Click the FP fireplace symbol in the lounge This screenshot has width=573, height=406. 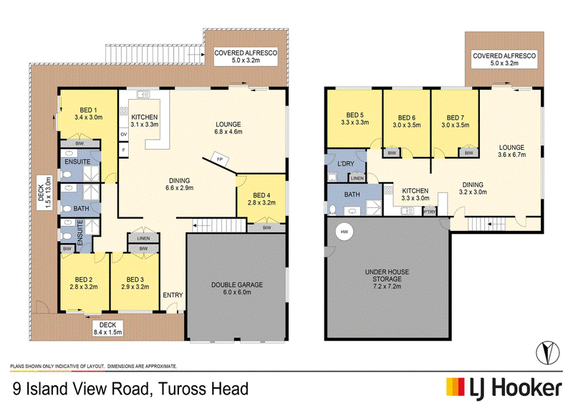click(x=220, y=159)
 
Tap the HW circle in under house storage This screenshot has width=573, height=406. click(x=345, y=232)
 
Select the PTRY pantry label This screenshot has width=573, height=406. click(x=429, y=212)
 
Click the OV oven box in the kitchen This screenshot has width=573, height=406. click(x=124, y=134)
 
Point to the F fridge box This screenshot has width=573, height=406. click(x=124, y=150)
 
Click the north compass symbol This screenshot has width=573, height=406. click(x=547, y=352)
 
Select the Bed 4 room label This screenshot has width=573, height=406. click(x=261, y=199)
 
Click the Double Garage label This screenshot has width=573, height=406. click(x=237, y=288)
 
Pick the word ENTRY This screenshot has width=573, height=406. click(x=173, y=295)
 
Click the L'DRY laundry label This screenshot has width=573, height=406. click(x=345, y=164)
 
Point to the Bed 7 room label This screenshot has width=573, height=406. click(x=456, y=121)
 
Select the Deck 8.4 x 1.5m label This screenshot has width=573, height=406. click(x=108, y=329)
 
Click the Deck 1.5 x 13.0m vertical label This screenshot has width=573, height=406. click(x=44, y=192)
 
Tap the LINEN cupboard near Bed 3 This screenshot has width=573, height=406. click(x=143, y=238)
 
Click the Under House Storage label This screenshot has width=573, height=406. click(x=387, y=279)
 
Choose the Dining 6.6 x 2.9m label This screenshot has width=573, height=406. click(x=180, y=184)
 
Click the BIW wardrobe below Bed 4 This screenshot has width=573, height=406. click(x=266, y=227)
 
